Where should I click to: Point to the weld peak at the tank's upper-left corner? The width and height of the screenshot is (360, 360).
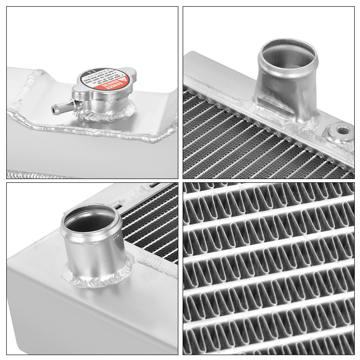click(40, 72)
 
